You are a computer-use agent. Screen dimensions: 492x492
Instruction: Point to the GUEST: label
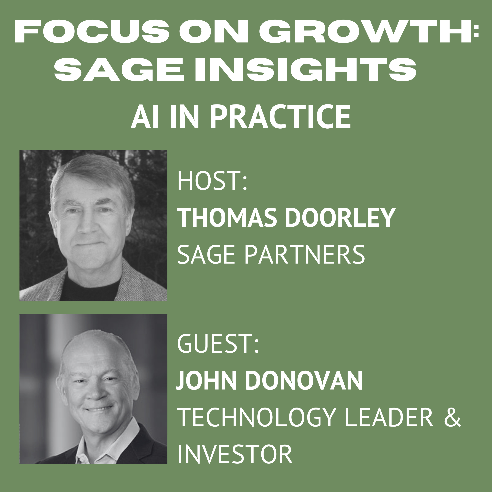point(218,344)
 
